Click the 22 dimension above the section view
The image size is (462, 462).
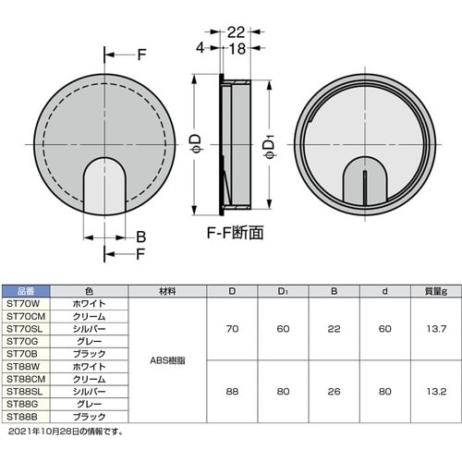pyautogui.click(x=236, y=32)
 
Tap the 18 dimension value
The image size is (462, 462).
pyautogui.click(x=237, y=49)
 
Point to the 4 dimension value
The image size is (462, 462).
pyautogui.click(x=201, y=48)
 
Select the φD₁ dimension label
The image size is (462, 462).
pyautogui.click(x=269, y=149)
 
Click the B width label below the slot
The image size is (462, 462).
pyautogui.click(x=140, y=237)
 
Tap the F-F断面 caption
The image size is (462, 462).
pyautogui.click(x=235, y=233)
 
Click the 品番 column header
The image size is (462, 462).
pyautogui.click(x=26, y=291)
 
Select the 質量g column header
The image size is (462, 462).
pyautogui.click(x=436, y=291)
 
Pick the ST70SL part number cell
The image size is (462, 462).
pyautogui.click(x=24, y=329)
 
